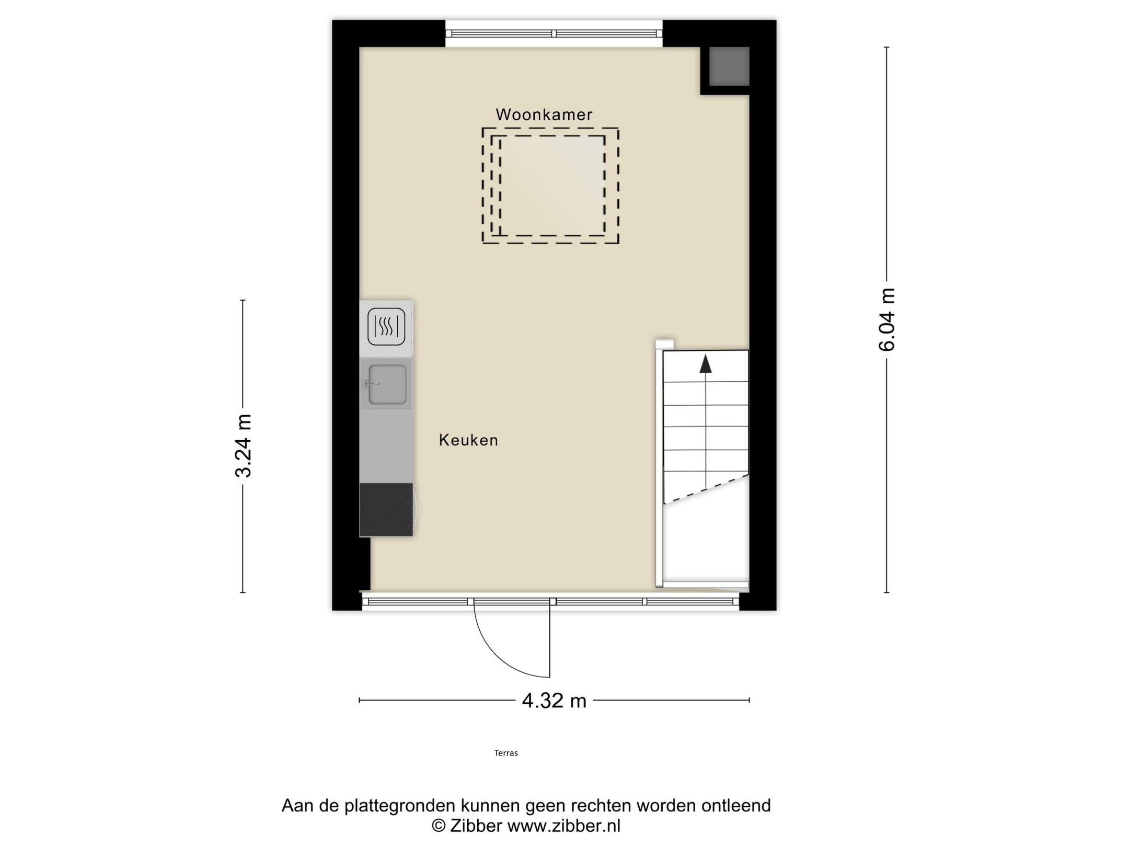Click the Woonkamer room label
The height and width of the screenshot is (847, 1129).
pyautogui.click(x=544, y=115)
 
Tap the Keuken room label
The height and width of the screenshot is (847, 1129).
pyautogui.click(x=468, y=440)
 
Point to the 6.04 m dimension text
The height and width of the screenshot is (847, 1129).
pyautogui.click(x=887, y=319)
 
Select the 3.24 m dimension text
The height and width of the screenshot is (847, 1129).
pyautogui.click(x=244, y=445)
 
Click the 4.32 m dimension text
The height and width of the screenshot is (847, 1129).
pyautogui.click(x=554, y=701)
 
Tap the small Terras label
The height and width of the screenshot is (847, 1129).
pyautogui.click(x=506, y=753)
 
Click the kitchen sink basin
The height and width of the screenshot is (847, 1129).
pyautogui.click(x=387, y=384)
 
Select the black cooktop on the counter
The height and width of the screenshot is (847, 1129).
pyautogui.click(x=386, y=509)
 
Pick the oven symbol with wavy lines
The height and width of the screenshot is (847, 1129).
pyautogui.click(x=386, y=327)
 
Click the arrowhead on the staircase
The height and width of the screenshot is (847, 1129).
pyautogui.click(x=706, y=364)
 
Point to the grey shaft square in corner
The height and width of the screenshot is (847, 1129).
pyautogui.click(x=729, y=66)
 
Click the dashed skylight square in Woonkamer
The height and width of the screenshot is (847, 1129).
pyautogui.click(x=551, y=186)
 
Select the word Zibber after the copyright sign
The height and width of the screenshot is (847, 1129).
pyautogui.click(x=476, y=826)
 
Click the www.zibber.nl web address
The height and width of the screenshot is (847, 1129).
pyautogui.click(x=564, y=826)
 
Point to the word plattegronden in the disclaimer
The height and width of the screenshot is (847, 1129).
pyautogui.click(x=400, y=806)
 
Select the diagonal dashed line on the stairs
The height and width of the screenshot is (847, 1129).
pyautogui.click(x=706, y=489)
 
